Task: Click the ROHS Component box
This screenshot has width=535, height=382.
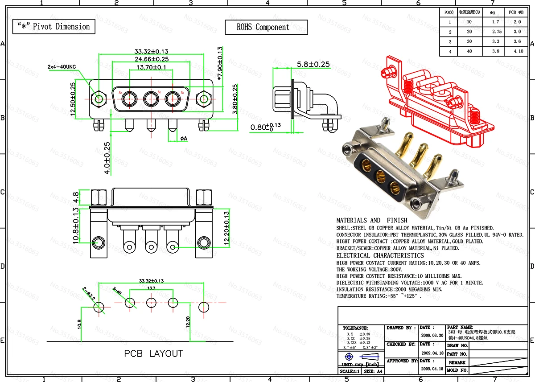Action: pyautogui.click(x=266, y=27)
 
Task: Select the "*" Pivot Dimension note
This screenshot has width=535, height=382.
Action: pyautogui.click(x=53, y=27)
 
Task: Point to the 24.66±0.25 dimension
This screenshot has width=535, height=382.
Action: pyautogui.click(x=151, y=59)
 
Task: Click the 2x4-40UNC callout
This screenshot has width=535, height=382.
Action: pyautogui.click(x=62, y=66)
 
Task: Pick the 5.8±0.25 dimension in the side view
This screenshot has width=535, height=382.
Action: pyautogui.click(x=313, y=64)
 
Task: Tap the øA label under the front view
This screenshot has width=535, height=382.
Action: pyautogui.click(x=184, y=139)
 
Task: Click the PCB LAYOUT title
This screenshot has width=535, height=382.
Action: pyautogui.click(x=153, y=354)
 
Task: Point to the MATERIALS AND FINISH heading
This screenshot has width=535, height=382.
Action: pyautogui.click(x=371, y=220)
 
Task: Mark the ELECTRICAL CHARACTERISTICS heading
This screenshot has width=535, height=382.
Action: pyautogui.click(x=380, y=255)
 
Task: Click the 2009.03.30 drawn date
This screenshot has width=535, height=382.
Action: pyautogui.click(x=432, y=335)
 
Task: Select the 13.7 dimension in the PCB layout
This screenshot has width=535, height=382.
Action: pyautogui.click(x=151, y=288)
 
